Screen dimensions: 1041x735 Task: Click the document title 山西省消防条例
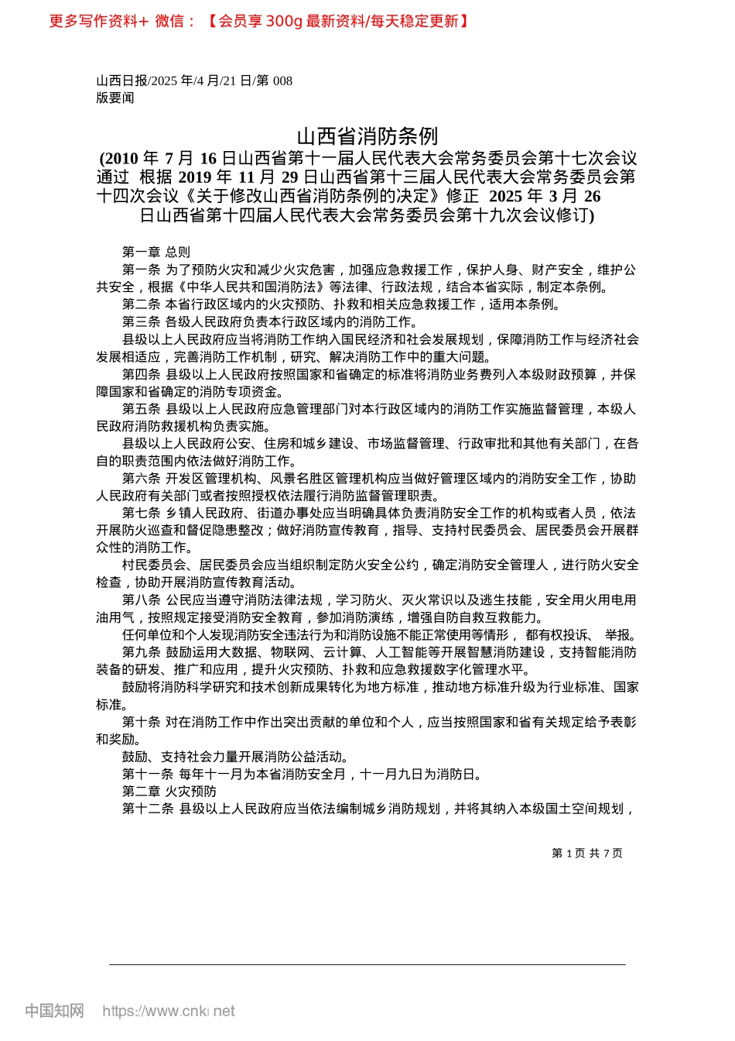tap(367, 137)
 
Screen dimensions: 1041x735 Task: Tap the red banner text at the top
tap(259, 21)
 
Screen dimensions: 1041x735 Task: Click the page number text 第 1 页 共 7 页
tap(586, 853)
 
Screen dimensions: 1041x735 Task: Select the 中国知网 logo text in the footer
tap(54, 1011)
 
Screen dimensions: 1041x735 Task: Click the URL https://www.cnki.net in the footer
tap(169, 1011)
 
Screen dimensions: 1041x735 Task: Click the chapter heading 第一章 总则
tap(156, 252)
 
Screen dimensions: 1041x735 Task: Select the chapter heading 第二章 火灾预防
tap(169, 791)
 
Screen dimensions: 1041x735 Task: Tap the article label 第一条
tap(141, 270)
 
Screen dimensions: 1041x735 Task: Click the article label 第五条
tap(141, 409)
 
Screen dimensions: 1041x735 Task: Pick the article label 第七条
tap(141, 513)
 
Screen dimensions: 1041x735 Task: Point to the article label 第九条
tap(141, 652)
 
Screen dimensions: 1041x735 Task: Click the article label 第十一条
tap(148, 774)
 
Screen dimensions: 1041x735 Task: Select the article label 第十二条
tap(148, 809)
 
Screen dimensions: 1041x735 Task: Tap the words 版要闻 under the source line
tap(115, 98)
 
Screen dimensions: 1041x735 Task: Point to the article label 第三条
tap(141, 321)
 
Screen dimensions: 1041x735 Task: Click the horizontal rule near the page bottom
tap(367, 964)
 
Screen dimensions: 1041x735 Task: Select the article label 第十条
tap(141, 722)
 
